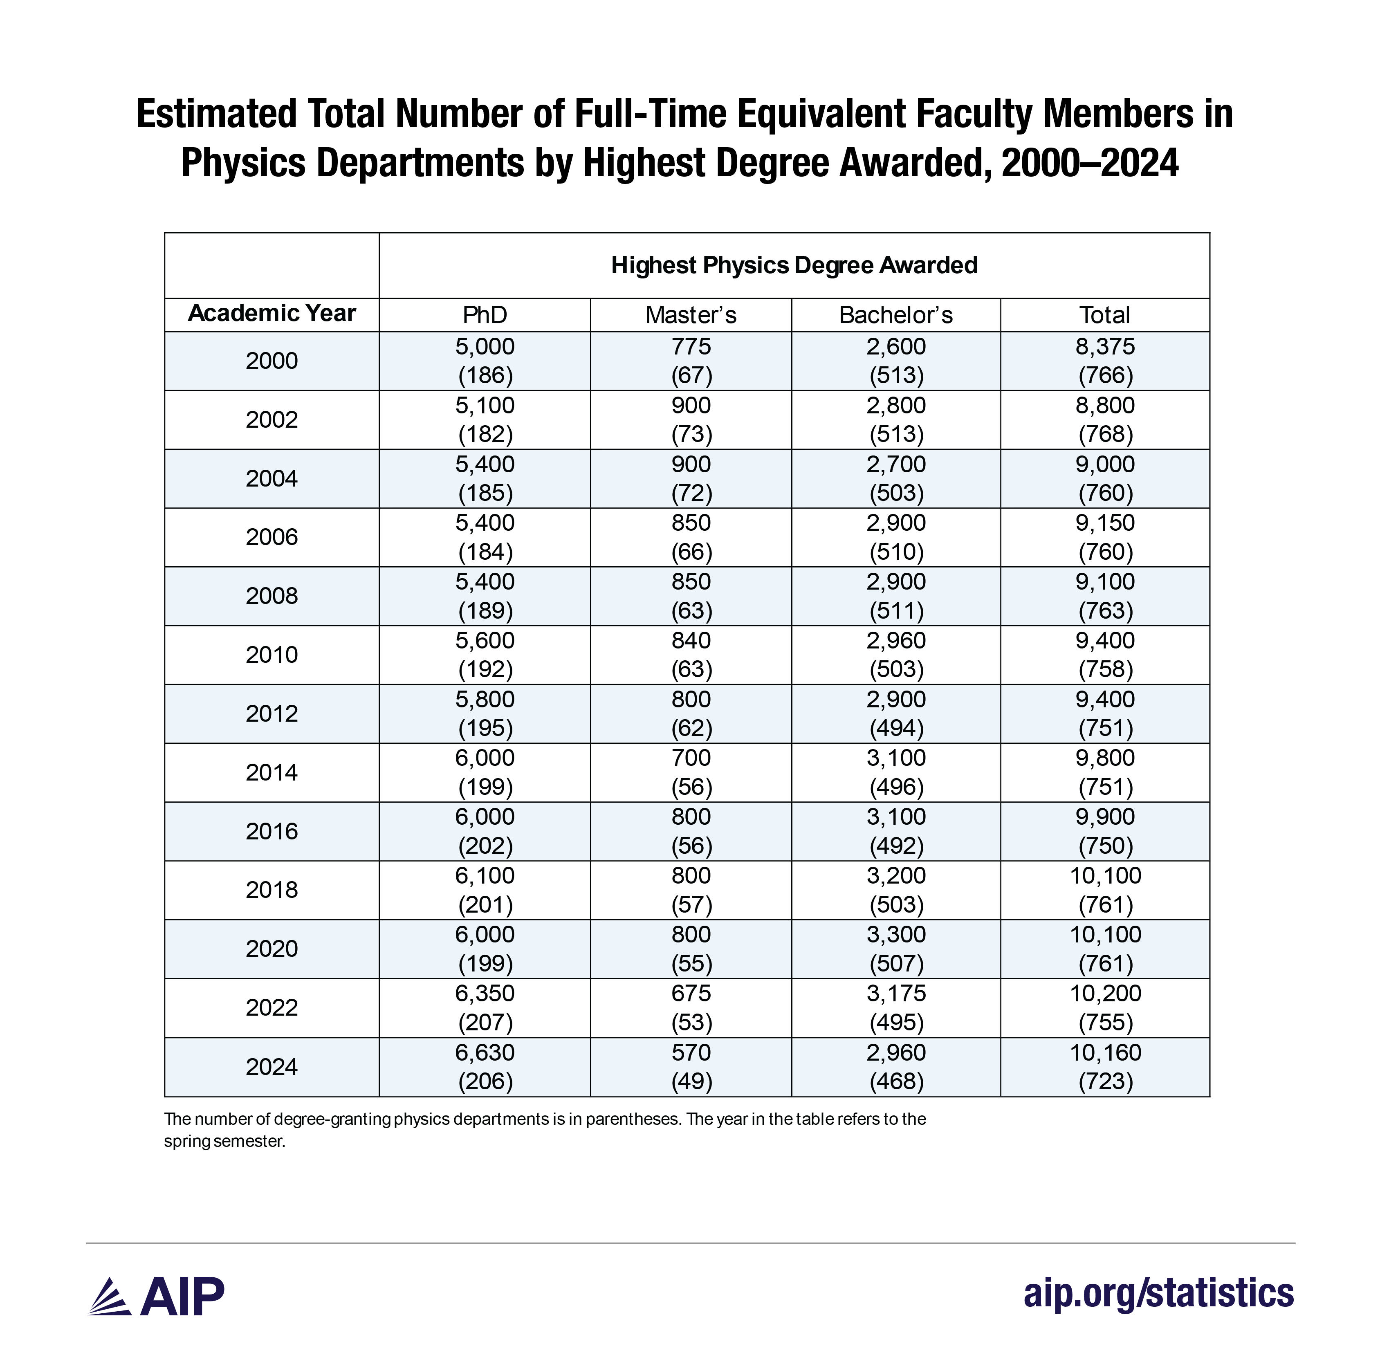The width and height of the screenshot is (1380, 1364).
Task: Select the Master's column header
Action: point(690,315)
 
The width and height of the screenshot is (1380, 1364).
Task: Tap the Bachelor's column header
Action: point(896,315)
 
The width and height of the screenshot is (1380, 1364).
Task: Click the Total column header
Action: point(1104,315)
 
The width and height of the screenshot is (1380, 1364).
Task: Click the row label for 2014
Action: point(272,772)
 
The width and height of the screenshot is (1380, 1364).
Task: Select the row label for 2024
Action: point(272,1066)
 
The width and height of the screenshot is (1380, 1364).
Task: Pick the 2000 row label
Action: point(272,361)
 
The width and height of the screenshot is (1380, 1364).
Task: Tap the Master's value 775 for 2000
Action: point(691,346)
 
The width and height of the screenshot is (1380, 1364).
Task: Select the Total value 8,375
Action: point(1105,346)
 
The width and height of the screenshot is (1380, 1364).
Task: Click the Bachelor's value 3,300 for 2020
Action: point(896,934)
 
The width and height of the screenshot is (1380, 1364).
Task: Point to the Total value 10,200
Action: point(1105,993)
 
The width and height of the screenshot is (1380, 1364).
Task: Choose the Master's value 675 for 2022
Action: point(691,993)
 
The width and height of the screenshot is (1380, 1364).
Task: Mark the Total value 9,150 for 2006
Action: point(1105,523)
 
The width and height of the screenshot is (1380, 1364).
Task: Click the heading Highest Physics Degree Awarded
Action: point(794,265)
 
